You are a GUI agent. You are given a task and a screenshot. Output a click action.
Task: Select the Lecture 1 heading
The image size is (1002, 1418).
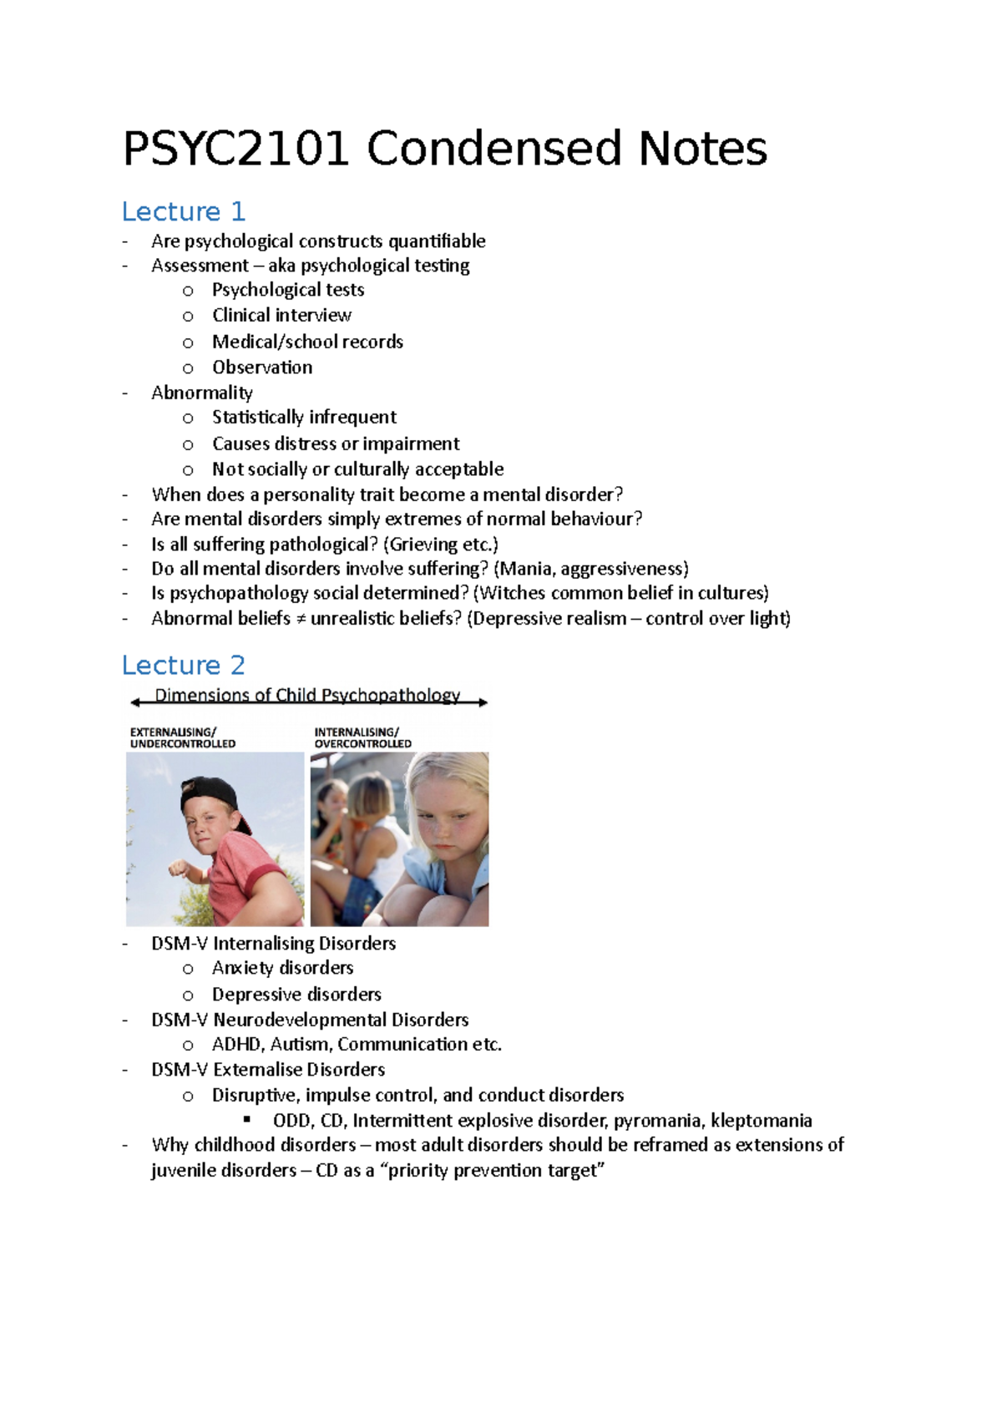coord(183,212)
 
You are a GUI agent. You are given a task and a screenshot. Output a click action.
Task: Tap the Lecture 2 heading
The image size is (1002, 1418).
coord(183,666)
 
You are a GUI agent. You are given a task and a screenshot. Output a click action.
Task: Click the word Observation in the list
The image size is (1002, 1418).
coord(262,367)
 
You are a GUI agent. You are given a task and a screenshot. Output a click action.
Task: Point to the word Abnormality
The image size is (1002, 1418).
coord(201,392)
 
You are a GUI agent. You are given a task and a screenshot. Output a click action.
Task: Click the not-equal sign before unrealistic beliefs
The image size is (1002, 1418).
coord(301,619)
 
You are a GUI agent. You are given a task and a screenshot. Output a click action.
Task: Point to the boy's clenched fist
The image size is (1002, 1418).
coord(178,869)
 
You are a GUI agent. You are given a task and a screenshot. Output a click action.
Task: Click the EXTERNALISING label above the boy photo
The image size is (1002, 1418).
coord(173,732)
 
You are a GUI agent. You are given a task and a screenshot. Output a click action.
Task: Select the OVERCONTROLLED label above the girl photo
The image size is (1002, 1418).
coord(362,744)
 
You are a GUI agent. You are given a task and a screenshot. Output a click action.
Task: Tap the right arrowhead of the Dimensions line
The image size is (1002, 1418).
coord(483,703)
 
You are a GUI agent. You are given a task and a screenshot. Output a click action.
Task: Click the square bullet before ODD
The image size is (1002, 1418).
coord(247,1119)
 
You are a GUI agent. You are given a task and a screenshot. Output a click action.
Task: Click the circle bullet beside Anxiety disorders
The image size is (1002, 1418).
coord(188,969)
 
